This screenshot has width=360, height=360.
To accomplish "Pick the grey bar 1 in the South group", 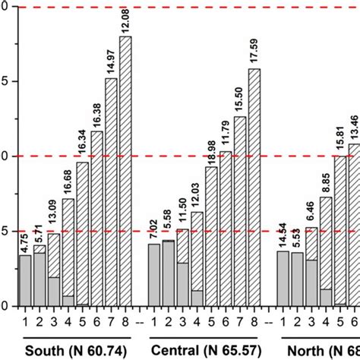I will pyautogui.click(x=25, y=280).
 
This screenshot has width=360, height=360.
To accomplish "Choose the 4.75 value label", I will pyautogui.click(x=25, y=244).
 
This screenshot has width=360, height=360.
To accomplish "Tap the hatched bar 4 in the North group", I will pyautogui.click(x=326, y=243).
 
